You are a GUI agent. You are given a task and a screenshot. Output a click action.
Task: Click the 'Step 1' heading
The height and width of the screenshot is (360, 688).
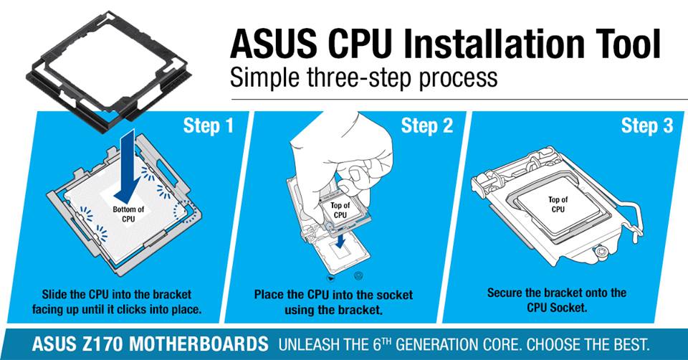pos(209,126)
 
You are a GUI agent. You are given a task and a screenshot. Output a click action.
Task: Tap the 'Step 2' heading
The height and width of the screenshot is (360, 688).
pos(427,126)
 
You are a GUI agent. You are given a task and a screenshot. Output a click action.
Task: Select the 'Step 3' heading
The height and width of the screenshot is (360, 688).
pos(647,126)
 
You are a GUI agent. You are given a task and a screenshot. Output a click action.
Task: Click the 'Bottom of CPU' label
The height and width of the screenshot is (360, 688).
pos(128,214)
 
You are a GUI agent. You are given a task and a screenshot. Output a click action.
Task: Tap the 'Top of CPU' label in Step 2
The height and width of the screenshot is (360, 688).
pos(340,210)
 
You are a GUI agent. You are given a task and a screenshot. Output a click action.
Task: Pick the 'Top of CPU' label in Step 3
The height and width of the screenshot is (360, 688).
pos(558,204)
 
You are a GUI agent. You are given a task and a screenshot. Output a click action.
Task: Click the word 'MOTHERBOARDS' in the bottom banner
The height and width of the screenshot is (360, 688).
pos(199,344)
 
